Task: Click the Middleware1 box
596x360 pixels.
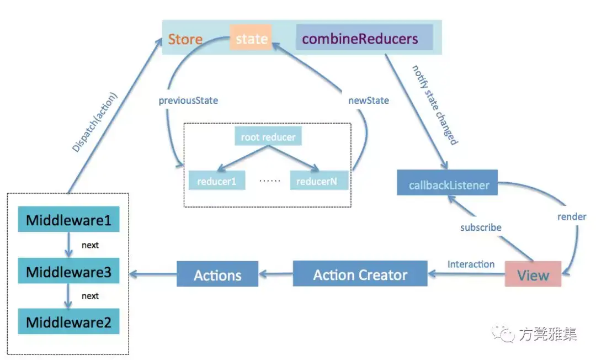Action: pos(68,219)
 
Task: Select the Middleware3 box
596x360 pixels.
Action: pos(68,271)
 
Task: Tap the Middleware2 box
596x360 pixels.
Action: pos(68,321)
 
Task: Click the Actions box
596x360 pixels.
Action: pos(217,274)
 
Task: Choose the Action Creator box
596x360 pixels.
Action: pos(360,273)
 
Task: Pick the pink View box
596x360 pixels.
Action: pos(533,274)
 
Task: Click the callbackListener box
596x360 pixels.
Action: pos(448,182)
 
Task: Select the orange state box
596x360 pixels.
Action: pos(251,38)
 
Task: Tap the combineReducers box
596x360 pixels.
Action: pos(364,37)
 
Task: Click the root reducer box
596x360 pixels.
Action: pos(268,136)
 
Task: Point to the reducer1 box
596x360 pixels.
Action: pos(217,181)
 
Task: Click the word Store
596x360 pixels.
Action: pos(185,39)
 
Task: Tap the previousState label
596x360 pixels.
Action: pos(188,100)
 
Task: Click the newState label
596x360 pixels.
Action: pos(368,100)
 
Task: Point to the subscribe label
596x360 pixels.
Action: pos(481,227)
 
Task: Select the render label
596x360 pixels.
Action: pos(572,216)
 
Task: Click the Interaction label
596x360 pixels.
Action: pos(471,264)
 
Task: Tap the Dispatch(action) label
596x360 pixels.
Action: pos(95,122)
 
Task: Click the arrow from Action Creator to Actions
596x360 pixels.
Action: pos(276,274)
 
